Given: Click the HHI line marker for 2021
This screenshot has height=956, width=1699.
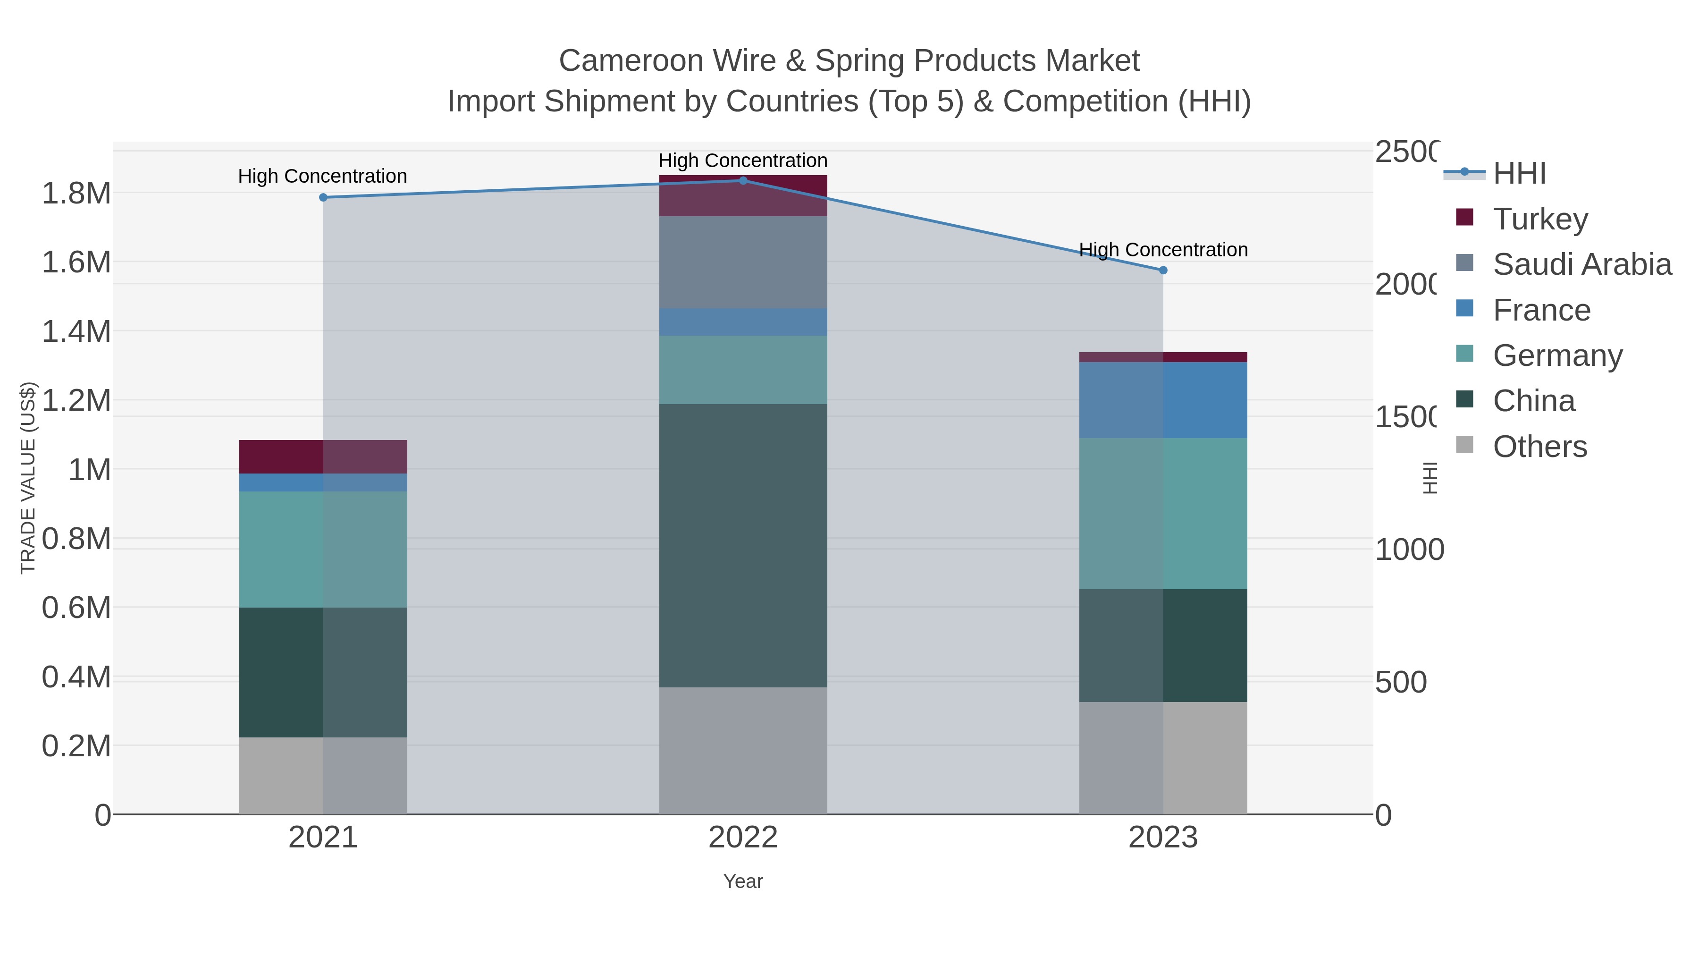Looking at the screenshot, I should pyautogui.click(x=323, y=197).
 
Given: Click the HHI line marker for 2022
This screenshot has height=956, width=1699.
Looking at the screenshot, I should pyautogui.click(x=743, y=180).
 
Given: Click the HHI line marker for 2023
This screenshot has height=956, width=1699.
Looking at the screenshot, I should pyautogui.click(x=1163, y=270).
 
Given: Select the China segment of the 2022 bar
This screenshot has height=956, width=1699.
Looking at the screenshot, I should pyautogui.click(x=743, y=546).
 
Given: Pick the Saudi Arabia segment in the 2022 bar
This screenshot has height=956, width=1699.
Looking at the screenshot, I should pyautogui.click(x=743, y=262).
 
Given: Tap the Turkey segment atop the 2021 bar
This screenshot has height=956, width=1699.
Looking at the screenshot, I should pyautogui.click(x=323, y=457).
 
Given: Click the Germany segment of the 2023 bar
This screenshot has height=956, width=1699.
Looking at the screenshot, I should pyautogui.click(x=1163, y=513).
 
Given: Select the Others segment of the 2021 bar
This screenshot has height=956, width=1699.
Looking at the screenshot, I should pyautogui.click(x=323, y=775).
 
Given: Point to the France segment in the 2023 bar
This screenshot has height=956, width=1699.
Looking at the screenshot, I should pyautogui.click(x=1163, y=400).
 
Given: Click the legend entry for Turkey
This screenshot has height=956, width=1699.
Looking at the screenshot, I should pyautogui.click(x=1539, y=219).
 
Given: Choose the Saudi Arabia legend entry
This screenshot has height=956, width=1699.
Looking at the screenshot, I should pyautogui.click(x=1581, y=264).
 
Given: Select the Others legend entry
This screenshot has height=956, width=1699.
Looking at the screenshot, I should pyautogui.click(x=1539, y=447).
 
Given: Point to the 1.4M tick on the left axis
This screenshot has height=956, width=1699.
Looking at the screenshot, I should pyautogui.click(x=76, y=331).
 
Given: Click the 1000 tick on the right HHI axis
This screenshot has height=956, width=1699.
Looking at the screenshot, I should pyautogui.click(x=1409, y=550).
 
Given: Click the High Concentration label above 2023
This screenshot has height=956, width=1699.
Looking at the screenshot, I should pyautogui.click(x=1163, y=250).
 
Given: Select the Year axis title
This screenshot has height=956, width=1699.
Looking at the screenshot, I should pyautogui.click(x=743, y=881).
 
